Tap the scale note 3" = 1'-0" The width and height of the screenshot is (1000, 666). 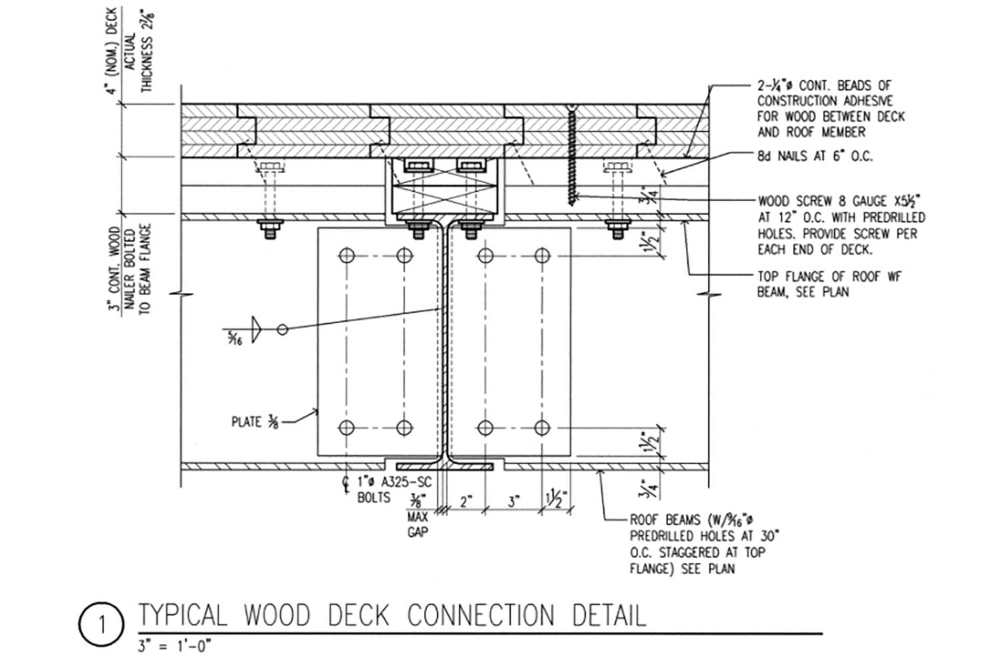pos(175,646)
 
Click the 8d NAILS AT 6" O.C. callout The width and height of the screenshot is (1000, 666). pos(815,157)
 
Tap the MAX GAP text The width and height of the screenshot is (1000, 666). pos(417,525)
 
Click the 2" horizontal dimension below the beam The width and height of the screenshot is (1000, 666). pos(465,501)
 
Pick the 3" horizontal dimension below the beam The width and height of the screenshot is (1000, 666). pos(513,501)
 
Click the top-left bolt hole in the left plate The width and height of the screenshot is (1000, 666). pos(347,255)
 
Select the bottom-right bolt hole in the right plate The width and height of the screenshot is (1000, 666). pos(543,427)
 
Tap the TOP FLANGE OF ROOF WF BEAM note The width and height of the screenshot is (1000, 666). pos(829,284)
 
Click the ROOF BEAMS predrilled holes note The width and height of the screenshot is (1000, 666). pos(704,544)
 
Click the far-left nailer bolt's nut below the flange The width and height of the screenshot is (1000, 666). pos(270,230)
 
